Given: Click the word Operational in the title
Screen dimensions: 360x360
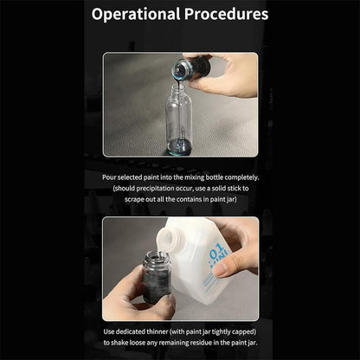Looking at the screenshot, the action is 136,15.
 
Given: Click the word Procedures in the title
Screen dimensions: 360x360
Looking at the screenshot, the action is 227,14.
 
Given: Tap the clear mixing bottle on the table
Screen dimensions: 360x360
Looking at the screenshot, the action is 179,120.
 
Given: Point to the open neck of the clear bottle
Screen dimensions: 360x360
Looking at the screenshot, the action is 179,87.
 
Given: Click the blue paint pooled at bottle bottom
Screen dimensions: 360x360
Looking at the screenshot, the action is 179,146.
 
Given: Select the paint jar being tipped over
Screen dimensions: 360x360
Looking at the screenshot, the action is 190,69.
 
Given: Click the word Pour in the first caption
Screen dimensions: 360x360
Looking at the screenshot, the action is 109,177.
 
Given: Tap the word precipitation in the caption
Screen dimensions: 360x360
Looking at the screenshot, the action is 155,189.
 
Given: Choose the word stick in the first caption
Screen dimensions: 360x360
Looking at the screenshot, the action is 234,189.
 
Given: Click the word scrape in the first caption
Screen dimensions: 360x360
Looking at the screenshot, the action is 134,200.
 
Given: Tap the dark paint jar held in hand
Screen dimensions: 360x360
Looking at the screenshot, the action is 157,278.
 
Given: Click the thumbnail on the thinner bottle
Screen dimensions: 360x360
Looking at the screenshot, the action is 223,268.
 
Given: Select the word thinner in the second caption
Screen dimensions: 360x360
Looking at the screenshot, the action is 157,331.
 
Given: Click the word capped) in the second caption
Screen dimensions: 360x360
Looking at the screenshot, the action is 244,332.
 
